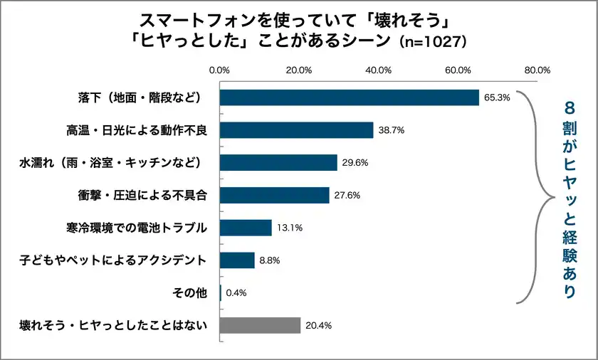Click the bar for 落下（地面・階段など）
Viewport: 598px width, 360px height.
[x=349, y=97]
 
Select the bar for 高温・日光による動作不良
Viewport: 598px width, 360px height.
[x=296, y=130]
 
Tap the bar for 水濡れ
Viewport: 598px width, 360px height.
[x=278, y=162]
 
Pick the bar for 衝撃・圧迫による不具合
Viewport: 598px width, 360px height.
[x=274, y=195]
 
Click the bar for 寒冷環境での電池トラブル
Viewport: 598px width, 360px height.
[x=246, y=228]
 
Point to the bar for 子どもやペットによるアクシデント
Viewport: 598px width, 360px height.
[x=237, y=260]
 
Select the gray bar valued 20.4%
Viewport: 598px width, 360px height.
[x=260, y=325]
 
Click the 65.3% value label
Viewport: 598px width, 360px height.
[x=497, y=97]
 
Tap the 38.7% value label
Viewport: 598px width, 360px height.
[x=391, y=130]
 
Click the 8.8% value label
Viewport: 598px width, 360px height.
[x=270, y=260]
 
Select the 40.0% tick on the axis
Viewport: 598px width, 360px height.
[x=378, y=70]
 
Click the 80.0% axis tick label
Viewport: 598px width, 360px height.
[x=537, y=70]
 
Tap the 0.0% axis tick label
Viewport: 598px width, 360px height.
[x=219, y=70]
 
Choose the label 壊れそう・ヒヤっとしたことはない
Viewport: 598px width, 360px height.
[x=113, y=325]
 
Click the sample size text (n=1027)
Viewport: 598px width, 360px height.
[x=432, y=41]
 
